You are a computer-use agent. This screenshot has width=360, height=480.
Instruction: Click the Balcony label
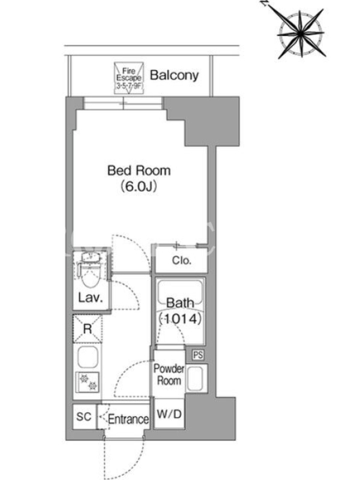[174, 76]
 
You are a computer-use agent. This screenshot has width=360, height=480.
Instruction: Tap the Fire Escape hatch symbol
[129, 78]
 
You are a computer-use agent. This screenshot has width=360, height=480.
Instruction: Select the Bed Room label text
[139, 170]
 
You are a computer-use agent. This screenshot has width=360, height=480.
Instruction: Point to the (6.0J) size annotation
[139, 186]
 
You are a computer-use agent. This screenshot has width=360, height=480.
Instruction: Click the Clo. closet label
[182, 260]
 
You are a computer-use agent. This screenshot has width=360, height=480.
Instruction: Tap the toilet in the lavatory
[90, 272]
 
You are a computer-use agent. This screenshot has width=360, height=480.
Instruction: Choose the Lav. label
[90, 298]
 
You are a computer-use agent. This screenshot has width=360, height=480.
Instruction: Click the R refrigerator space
[88, 329]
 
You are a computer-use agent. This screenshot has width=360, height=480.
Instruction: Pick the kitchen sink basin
[88, 357]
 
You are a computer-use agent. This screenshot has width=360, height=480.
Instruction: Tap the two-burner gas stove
[88, 382]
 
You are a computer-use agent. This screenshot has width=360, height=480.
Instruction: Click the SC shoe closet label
[83, 416]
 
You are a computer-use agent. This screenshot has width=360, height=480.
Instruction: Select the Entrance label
[128, 419]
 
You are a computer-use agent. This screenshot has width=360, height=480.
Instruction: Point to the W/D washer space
[169, 414]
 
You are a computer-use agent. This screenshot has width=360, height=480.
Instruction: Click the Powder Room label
[169, 374]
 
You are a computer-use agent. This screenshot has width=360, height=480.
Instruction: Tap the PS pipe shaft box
[198, 355]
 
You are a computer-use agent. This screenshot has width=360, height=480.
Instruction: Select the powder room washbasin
[195, 379]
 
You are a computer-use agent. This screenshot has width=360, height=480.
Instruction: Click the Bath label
[181, 303]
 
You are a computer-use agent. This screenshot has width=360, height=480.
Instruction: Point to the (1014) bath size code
[181, 319]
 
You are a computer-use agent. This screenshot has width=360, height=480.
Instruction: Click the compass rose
[301, 32]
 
